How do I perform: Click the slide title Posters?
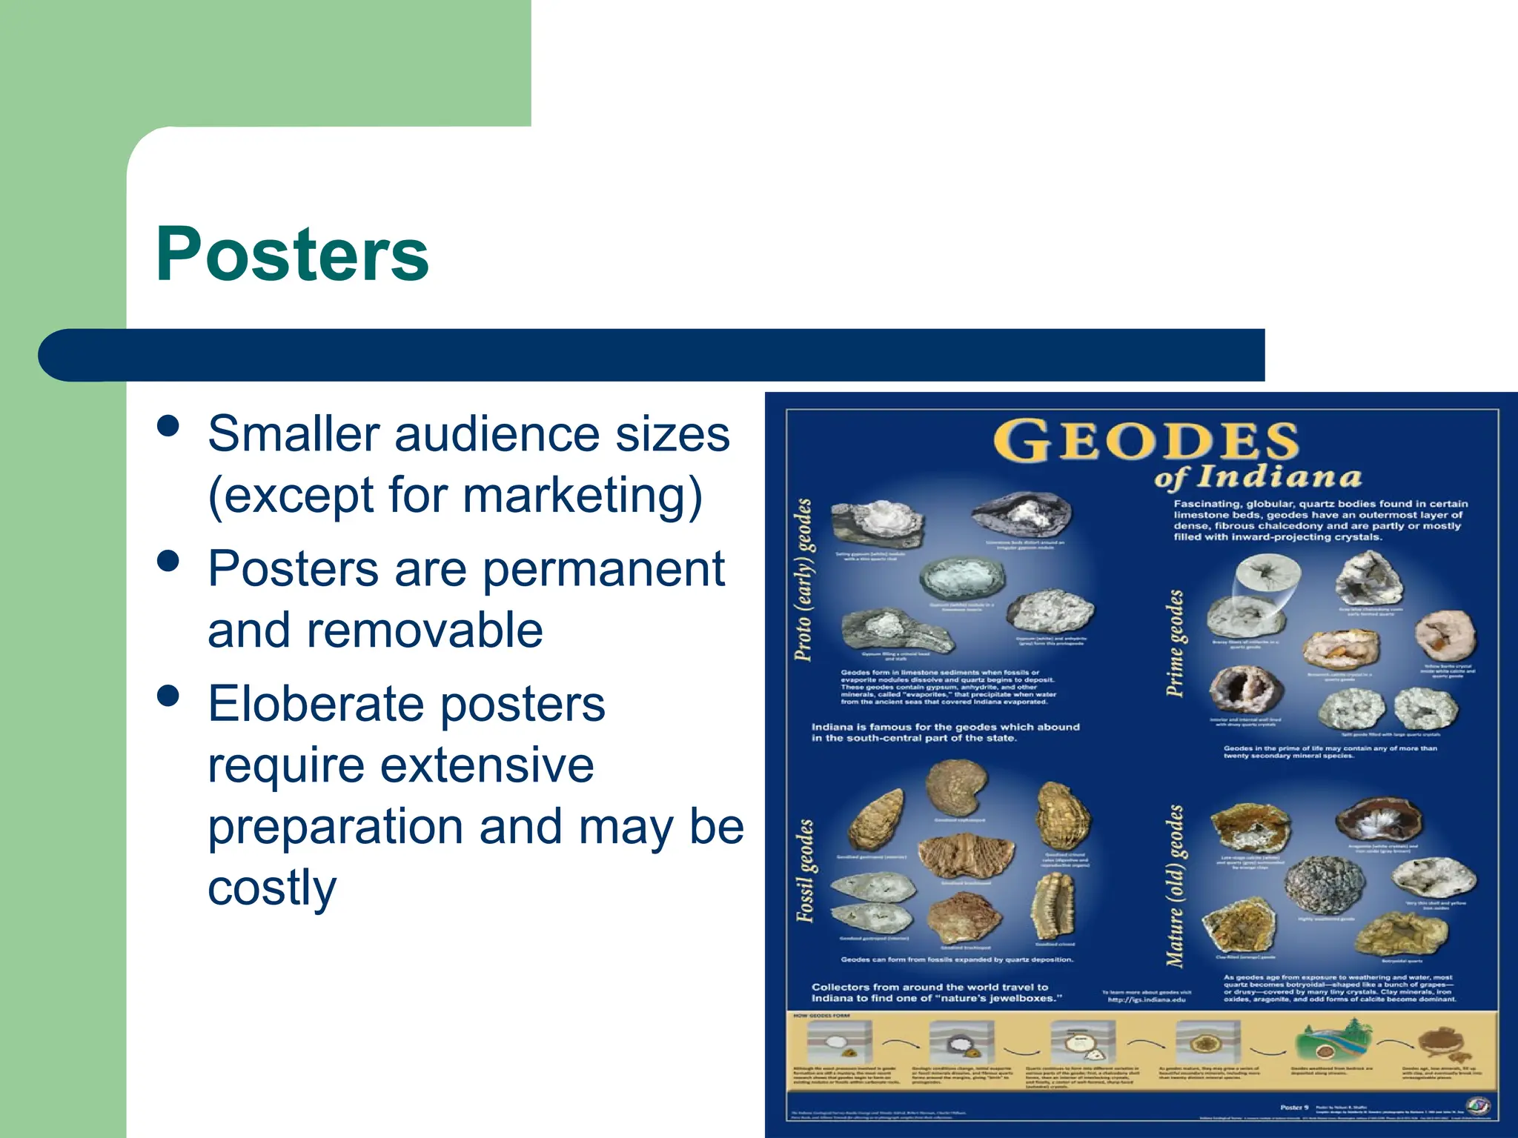292,254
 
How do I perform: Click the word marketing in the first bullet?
574,495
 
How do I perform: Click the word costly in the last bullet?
272,888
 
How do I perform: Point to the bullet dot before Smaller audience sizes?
169,427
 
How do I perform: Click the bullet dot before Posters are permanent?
169,562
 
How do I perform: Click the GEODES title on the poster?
1146,442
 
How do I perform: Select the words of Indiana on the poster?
1258,476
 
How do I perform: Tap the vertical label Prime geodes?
1176,643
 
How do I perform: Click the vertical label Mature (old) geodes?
1176,885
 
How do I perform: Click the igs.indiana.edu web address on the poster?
1146,999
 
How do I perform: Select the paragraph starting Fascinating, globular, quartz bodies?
1319,520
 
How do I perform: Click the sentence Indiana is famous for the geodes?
945,732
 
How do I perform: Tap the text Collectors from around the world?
935,992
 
